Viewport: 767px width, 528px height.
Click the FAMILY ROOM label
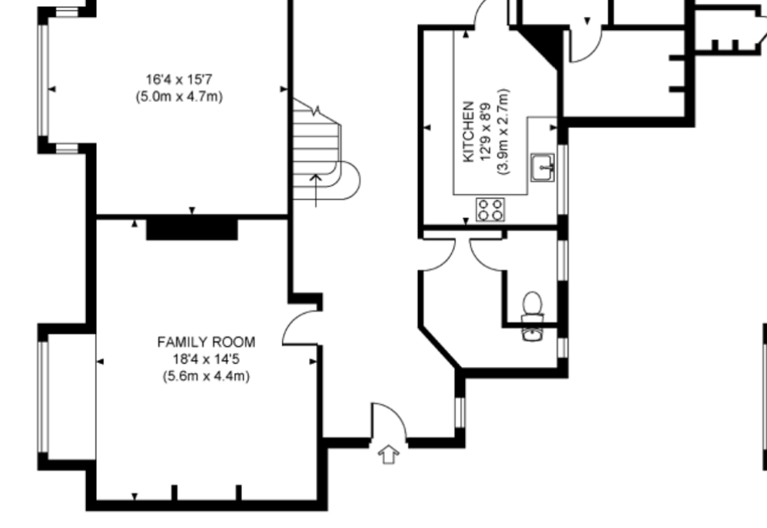point(206,342)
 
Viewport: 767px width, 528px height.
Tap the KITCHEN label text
point(468,131)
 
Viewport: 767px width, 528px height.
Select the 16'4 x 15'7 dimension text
point(179,79)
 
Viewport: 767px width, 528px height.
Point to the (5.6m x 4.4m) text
point(206,376)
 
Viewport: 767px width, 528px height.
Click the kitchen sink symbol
point(543,167)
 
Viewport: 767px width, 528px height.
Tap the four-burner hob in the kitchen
point(490,209)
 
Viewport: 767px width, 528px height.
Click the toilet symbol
point(532,306)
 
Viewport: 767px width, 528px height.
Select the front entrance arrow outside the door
point(388,454)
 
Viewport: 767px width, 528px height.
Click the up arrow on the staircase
point(316,190)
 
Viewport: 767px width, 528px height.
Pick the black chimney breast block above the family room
point(192,229)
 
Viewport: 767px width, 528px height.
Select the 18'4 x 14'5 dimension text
point(206,359)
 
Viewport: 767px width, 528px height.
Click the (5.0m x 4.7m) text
point(179,97)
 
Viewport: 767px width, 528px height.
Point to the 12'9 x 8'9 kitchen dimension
point(486,131)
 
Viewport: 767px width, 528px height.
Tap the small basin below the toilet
point(532,334)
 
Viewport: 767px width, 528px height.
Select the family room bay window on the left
point(44,397)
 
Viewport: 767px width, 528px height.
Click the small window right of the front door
point(460,413)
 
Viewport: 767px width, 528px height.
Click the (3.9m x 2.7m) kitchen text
point(503,131)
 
